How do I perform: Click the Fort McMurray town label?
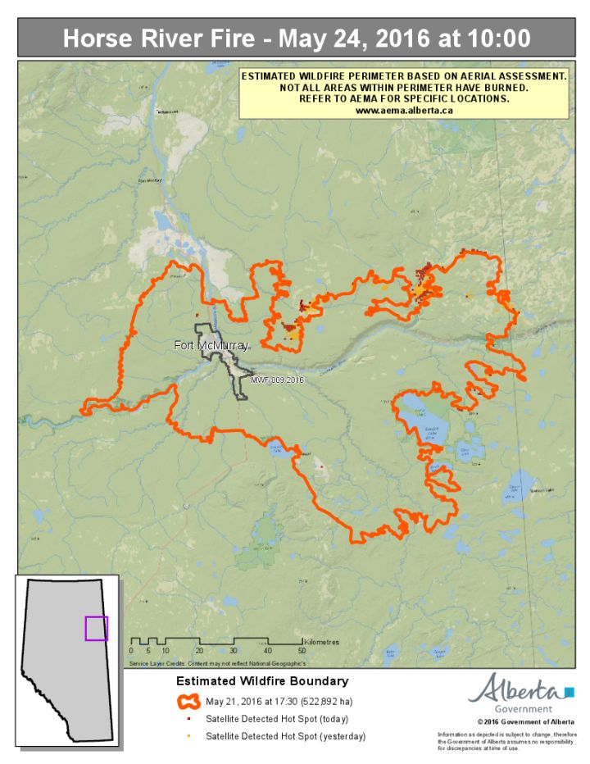211,346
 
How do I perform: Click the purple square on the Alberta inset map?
96,628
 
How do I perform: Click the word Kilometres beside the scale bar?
320,642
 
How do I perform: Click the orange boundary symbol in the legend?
188,702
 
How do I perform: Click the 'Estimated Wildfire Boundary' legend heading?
262,681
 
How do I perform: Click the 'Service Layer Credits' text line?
218,661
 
